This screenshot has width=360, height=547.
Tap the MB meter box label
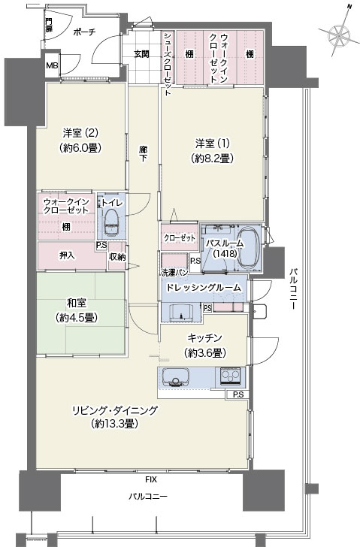click(53, 65)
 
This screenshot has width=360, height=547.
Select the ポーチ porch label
click(85, 32)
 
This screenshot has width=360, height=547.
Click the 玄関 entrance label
click(142, 54)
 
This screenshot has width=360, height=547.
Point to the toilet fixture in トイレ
click(112, 222)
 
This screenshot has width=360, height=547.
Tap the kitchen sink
click(175, 377)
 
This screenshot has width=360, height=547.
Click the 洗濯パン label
click(175, 272)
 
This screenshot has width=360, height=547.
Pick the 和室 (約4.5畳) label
click(77, 310)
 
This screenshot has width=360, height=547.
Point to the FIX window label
click(151, 479)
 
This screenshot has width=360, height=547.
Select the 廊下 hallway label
click(143, 154)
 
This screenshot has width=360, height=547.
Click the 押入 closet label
click(67, 255)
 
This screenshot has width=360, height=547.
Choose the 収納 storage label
click(117, 257)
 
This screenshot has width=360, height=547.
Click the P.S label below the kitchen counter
click(238, 395)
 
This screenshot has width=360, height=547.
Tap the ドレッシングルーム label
click(204, 288)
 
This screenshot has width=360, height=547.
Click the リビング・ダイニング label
click(115, 410)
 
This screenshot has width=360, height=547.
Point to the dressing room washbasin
click(181, 312)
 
